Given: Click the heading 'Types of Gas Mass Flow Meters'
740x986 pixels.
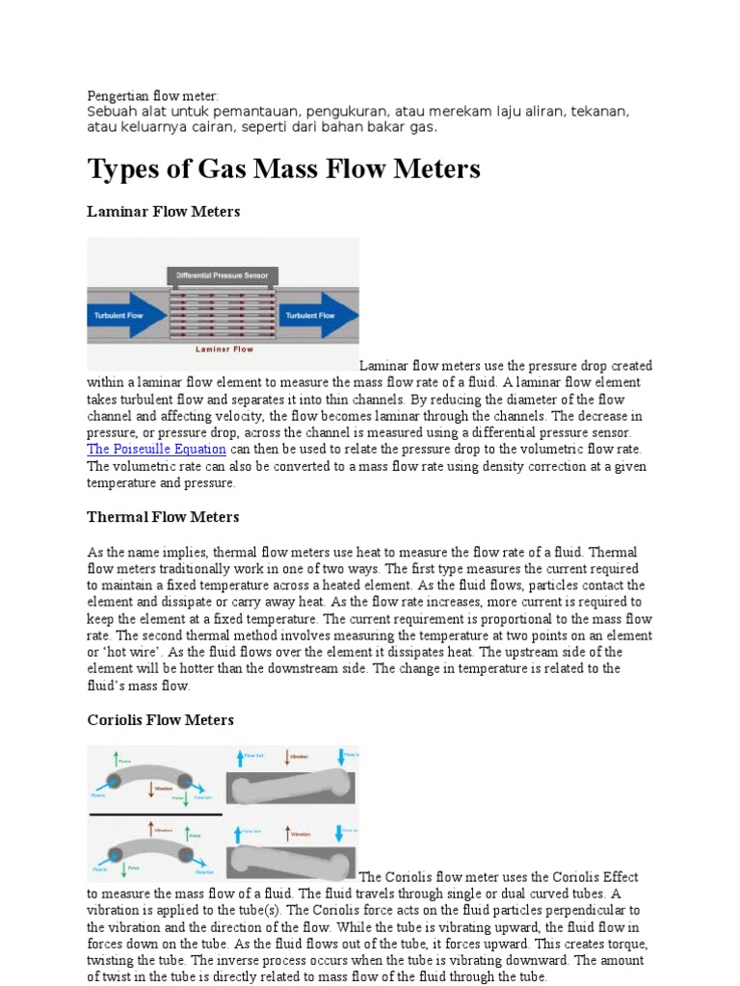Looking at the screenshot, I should click(283, 169).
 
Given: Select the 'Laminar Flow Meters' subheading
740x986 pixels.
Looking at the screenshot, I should click(163, 211).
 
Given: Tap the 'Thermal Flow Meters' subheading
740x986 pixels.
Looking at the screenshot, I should click(163, 517).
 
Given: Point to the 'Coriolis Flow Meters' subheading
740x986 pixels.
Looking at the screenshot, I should click(160, 720).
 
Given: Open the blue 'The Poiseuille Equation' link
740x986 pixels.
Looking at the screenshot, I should click(156, 450).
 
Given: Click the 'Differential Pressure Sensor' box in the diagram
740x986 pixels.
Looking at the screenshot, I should click(223, 275).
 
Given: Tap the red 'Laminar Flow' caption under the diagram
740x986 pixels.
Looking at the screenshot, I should click(223, 350).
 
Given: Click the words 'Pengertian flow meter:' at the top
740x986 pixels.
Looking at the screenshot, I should click(153, 96).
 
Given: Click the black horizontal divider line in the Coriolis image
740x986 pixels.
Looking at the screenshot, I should click(154, 815).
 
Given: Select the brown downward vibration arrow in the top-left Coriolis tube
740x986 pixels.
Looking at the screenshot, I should click(150, 789).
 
